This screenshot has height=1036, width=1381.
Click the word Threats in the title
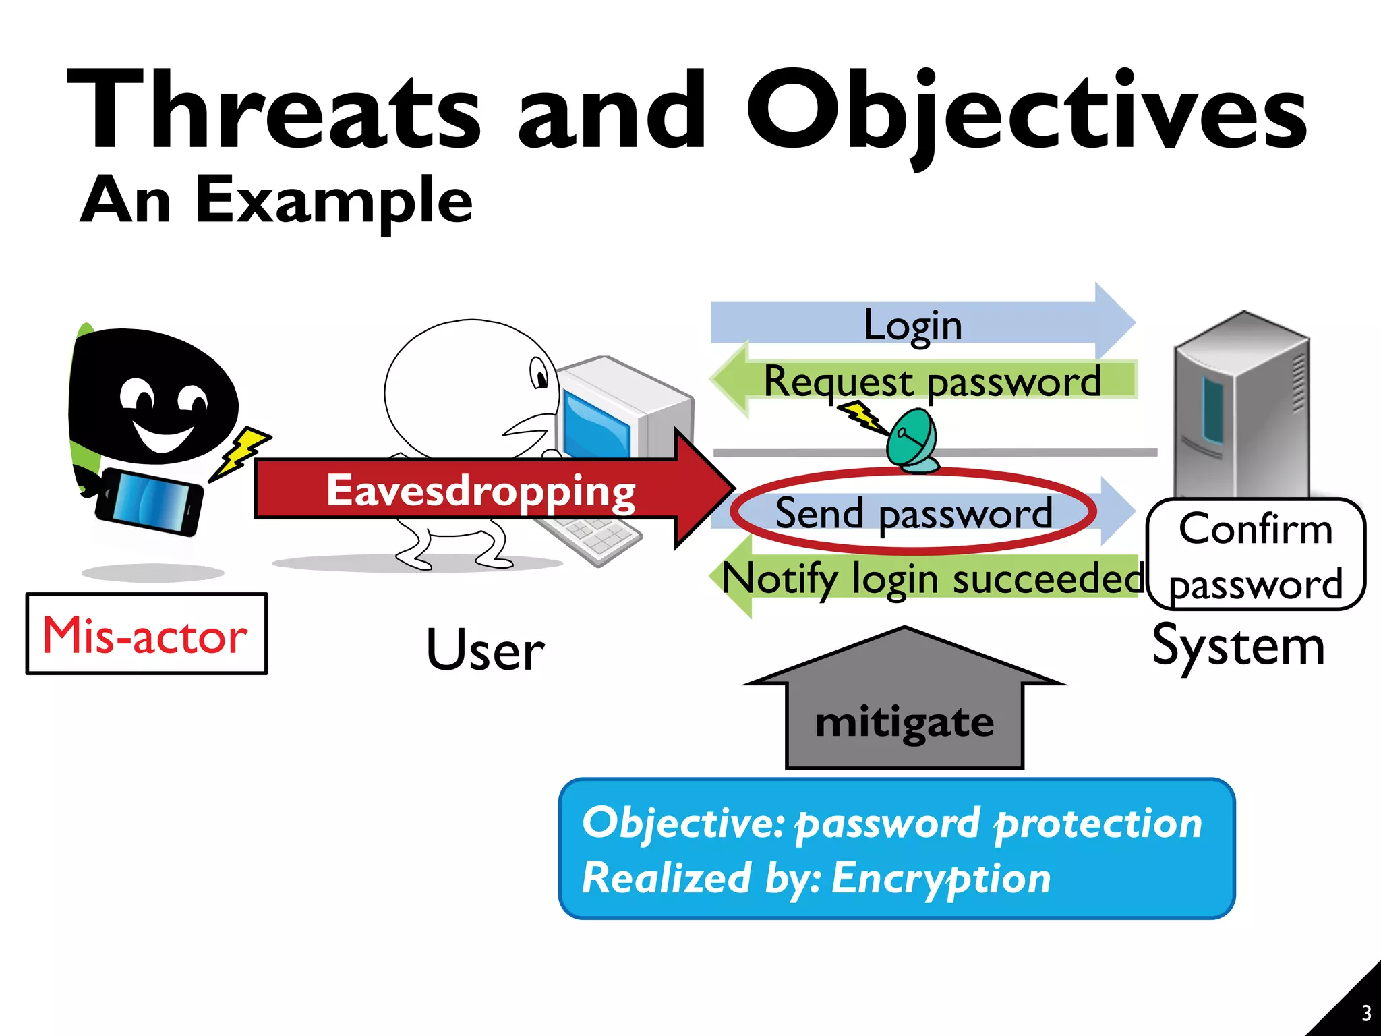tap(273, 111)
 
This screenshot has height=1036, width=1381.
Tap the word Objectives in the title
tap(1025, 111)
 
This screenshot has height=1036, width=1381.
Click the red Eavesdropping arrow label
tap(480, 490)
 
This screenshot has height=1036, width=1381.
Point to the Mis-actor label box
tap(146, 634)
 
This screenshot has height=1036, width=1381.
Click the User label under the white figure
tap(485, 650)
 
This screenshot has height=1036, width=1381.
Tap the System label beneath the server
tap(1238, 646)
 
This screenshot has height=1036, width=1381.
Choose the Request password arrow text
tap(932, 382)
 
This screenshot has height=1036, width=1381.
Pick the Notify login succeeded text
tap(932, 579)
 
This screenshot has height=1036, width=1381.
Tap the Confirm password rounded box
tap(1256, 554)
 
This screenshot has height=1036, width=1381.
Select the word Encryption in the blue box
tap(941, 878)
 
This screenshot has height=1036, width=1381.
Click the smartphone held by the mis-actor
tap(150, 501)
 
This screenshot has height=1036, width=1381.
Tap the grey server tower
tap(1241, 405)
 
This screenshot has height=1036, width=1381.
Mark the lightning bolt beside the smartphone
tap(241, 452)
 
